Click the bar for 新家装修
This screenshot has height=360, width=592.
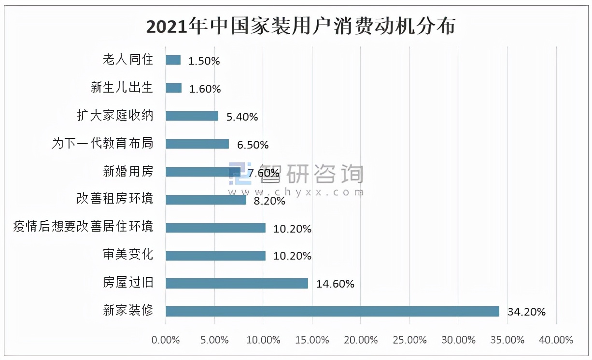click(x=332, y=311)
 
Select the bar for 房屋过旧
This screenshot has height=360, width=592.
click(x=237, y=283)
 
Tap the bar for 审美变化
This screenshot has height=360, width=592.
click(x=215, y=255)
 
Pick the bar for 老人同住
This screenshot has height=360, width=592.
click(x=173, y=60)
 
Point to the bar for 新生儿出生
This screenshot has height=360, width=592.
click(x=173, y=88)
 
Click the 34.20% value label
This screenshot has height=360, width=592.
click(x=526, y=312)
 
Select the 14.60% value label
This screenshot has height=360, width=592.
click(x=335, y=284)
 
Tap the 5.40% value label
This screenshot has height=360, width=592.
click(x=242, y=117)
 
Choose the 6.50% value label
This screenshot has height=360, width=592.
click(x=253, y=145)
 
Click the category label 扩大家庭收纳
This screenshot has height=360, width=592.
click(x=115, y=116)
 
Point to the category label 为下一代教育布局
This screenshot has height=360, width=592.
click(x=102, y=144)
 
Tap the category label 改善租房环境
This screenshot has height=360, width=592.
click(x=115, y=199)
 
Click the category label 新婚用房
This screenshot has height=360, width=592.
click(x=128, y=171)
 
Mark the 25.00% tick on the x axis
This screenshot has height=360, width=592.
click(x=410, y=340)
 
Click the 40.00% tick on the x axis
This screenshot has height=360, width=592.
click(x=557, y=340)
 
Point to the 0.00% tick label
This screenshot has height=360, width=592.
click(x=166, y=340)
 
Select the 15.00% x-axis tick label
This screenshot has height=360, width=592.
click(x=312, y=340)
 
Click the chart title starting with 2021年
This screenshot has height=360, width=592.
click(x=300, y=27)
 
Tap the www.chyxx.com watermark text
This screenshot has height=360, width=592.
click(x=295, y=192)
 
